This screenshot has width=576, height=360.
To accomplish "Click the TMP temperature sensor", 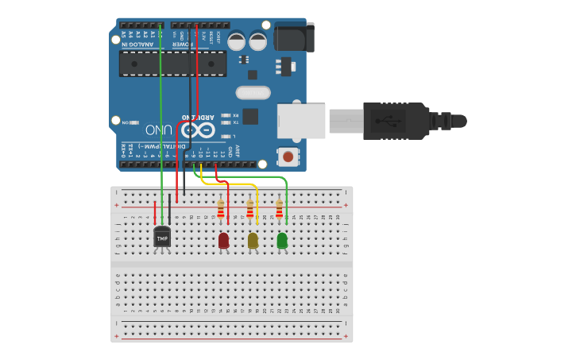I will [x=162, y=237].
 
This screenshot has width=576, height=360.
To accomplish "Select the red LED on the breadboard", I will [x=223, y=240].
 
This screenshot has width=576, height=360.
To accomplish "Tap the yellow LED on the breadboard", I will [x=253, y=240].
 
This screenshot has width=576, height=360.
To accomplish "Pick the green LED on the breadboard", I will [x=282, y=240].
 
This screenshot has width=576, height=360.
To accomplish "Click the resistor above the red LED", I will [x=221, y=209].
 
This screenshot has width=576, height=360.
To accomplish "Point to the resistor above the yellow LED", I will [x=250, y=209].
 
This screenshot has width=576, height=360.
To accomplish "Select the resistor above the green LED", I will [x=279, y=209].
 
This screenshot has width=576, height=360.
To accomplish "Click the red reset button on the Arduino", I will [x=288, y=156].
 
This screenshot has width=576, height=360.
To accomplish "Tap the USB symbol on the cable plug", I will [x=390, y=121].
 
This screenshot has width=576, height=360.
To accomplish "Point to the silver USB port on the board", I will [x=301, y=120].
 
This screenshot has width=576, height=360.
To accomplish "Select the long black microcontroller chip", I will [x=172, y=64].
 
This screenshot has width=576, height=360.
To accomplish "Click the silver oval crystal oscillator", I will [x=253, y=92].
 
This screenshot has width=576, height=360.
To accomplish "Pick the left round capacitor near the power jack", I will [x=237, y=41].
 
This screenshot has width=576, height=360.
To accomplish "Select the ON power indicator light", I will [x=133, y=122].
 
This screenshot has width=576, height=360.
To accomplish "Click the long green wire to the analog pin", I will [x=161, y=119].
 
